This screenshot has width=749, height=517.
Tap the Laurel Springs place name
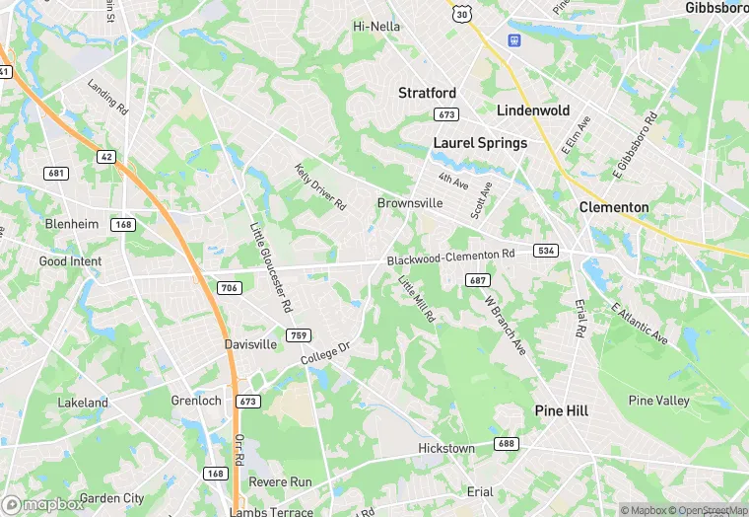(480, 143)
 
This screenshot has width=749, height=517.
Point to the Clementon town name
(614, 207)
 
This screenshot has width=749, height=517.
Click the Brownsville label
(409, 203)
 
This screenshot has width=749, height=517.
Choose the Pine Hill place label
(561, 409)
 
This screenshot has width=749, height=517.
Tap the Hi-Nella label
(376, 27)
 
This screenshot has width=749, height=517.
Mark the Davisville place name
(250, 345)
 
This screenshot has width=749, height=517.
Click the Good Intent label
(70, 261)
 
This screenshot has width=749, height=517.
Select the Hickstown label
(445, 448)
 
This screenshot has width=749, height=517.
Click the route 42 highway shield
(104, 156)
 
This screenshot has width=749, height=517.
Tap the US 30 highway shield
(461, 14)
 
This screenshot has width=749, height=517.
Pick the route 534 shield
(546, 251)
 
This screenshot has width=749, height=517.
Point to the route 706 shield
(229, 287)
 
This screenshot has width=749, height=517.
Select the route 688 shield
(507, 444)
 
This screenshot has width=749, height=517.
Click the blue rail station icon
(513, 40)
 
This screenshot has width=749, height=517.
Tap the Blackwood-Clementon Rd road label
(450, 257)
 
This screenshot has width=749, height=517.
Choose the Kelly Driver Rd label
(320, 186)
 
